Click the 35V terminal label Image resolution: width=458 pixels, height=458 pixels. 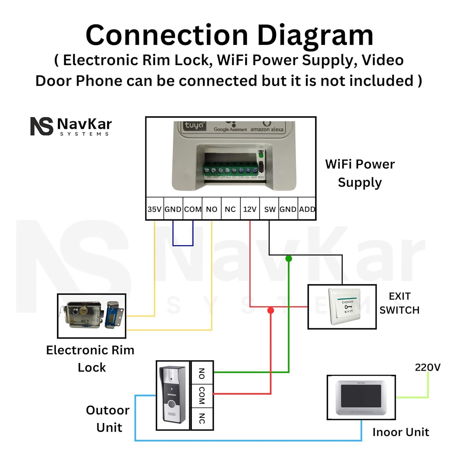(x=155, y=209)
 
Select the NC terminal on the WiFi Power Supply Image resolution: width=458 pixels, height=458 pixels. (x=230, y=209)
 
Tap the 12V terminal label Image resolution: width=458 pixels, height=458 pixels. (x=250, y=209)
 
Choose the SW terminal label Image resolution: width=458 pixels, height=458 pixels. (x=270, y=209)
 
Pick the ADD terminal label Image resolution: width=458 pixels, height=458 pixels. (x=307, y=209)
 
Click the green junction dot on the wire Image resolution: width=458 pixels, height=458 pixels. (x=288, y=259)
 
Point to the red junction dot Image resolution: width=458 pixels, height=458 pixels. (x=271, y=310)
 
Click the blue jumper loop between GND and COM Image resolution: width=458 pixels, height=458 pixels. (x=183, y=245)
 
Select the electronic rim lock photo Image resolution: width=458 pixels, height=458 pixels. (x=92, y=316)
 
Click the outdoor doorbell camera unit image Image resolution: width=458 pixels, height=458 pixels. (x=173, y=395)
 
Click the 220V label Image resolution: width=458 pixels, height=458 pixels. (x=428, y=367)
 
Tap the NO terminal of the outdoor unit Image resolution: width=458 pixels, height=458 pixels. (x=202, y=373)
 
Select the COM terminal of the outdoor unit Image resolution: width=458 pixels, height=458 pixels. (x=202, y=395)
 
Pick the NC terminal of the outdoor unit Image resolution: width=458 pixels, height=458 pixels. (x=202, y=418)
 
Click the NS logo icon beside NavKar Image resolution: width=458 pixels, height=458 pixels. (x=42, y=126)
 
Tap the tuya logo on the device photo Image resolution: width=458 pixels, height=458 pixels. (x=194, y=126)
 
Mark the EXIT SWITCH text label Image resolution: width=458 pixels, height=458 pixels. (x=399, y=303)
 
